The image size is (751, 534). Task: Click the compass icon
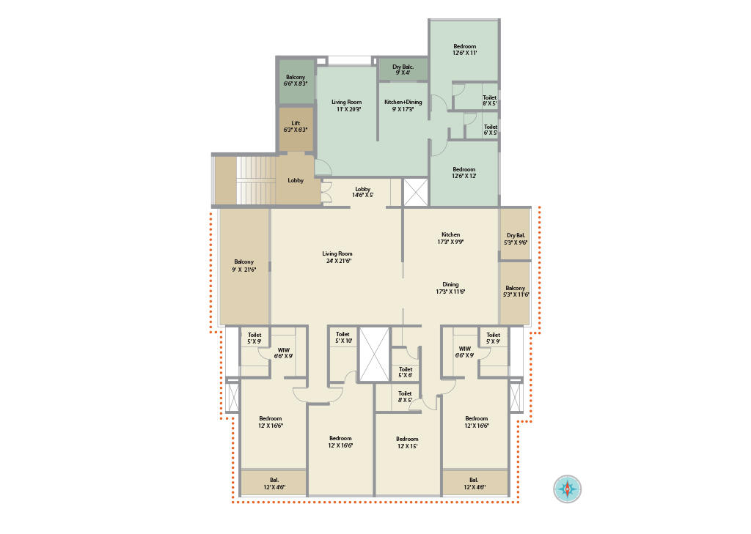(x=568, y=489)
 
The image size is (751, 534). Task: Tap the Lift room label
(x=296, y=126)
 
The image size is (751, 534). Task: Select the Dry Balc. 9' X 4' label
(x=403, y=70)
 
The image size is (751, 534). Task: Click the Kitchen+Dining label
(x=403, y=105)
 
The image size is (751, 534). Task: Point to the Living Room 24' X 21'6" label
(x=337, y=257)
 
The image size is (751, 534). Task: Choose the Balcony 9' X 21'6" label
(x=243, y=266)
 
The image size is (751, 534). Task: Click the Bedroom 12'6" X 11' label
(x=464, y=50)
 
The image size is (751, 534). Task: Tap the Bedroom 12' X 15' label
(x=407, y=442)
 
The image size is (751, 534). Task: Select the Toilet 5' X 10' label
(x=343, y=338)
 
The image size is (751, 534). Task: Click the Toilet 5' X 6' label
(x=406, y=372)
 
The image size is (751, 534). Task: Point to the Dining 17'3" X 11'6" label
(x=450, y=288)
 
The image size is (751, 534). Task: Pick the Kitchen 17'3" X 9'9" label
(x=450, y=238)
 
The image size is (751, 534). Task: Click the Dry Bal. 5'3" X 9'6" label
(x=516, y=239)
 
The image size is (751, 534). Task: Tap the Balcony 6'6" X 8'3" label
(x=296, y=81)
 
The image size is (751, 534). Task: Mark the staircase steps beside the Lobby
(x=256, y=180)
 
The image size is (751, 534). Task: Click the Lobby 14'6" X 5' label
(x=362, y=193)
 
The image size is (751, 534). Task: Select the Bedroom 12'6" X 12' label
(x=464, y=173)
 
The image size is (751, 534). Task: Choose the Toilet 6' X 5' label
(x=491, y=130)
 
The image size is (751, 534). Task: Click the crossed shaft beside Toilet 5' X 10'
(x=374, y=355)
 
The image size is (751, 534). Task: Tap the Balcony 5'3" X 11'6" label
(x=516, y=292)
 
